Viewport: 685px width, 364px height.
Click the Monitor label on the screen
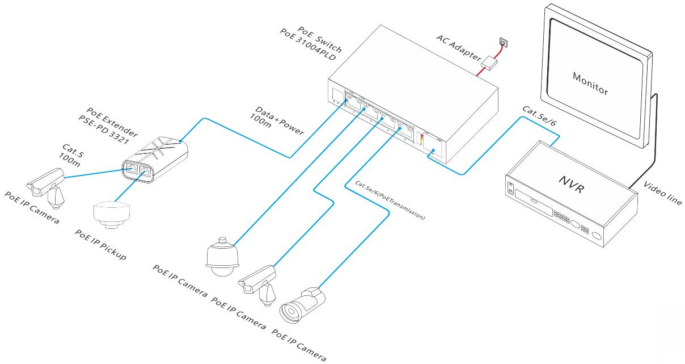[x=590, y=83]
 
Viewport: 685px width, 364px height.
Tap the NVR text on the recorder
[x=572, y=184]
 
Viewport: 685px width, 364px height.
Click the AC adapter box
[x=489, y=64]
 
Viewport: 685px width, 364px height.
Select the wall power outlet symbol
[x=504, y=41]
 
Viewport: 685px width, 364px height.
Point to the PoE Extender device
[x=155, y=160]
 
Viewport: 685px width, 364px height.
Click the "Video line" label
[x=662, y=193]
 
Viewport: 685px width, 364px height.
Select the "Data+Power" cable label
[x=279, y=120]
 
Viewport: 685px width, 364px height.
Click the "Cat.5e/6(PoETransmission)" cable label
[x=390, y=200]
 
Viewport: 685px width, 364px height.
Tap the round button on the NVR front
[x=597, y=236]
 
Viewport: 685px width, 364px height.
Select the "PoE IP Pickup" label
[x=100, y=245]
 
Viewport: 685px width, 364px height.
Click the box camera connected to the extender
[x=46, y=188]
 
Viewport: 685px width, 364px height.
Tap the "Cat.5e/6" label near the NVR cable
[x=539, y=116]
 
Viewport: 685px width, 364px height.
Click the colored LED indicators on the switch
[x=421, y=140]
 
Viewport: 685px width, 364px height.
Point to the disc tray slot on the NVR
[x=534, y=202]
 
